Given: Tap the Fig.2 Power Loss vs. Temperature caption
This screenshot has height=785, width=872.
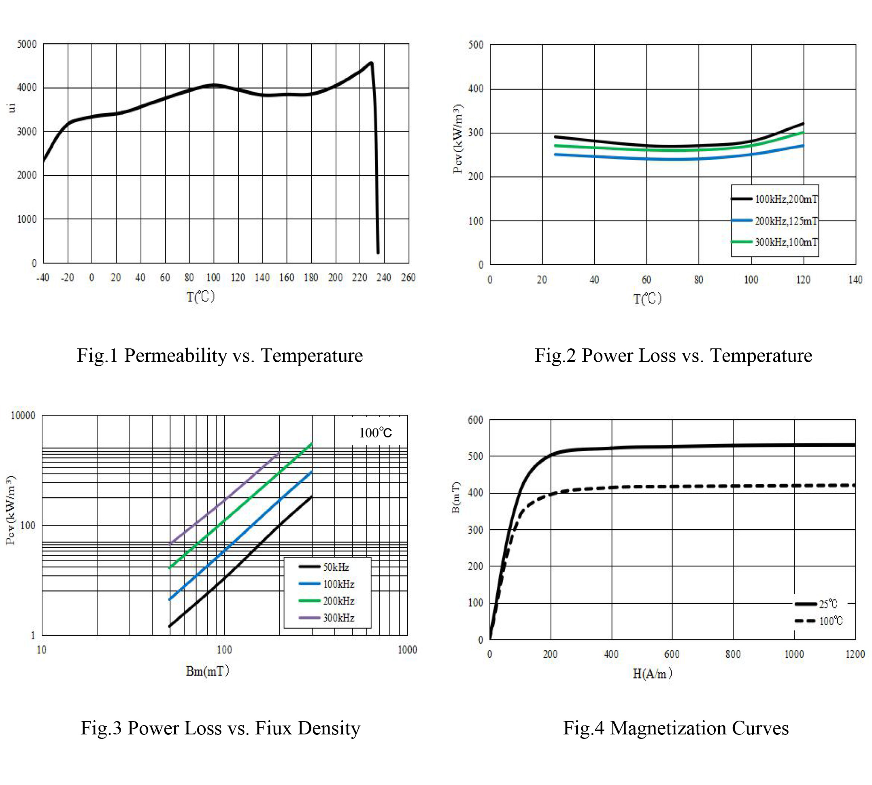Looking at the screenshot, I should click(673, 355).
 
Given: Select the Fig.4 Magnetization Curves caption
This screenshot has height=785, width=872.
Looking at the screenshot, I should click(676, 728).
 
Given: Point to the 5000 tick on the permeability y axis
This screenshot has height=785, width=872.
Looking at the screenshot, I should click(27, 44).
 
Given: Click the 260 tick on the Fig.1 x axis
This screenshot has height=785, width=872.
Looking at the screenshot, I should click(408, 278).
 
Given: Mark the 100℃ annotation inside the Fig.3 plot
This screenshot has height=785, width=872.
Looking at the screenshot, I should click(375, 433).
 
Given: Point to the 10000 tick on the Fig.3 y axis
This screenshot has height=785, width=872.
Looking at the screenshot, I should click(23, 415).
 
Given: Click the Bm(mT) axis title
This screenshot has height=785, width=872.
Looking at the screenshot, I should click(208, 671).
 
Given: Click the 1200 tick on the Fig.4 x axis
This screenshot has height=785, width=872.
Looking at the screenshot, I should click(855, 654).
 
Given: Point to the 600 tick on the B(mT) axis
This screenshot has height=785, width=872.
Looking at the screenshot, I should click(476, 420).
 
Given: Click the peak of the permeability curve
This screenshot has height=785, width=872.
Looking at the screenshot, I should click(371, 63).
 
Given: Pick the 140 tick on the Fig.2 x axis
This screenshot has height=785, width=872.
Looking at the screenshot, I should click(855, 280).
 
